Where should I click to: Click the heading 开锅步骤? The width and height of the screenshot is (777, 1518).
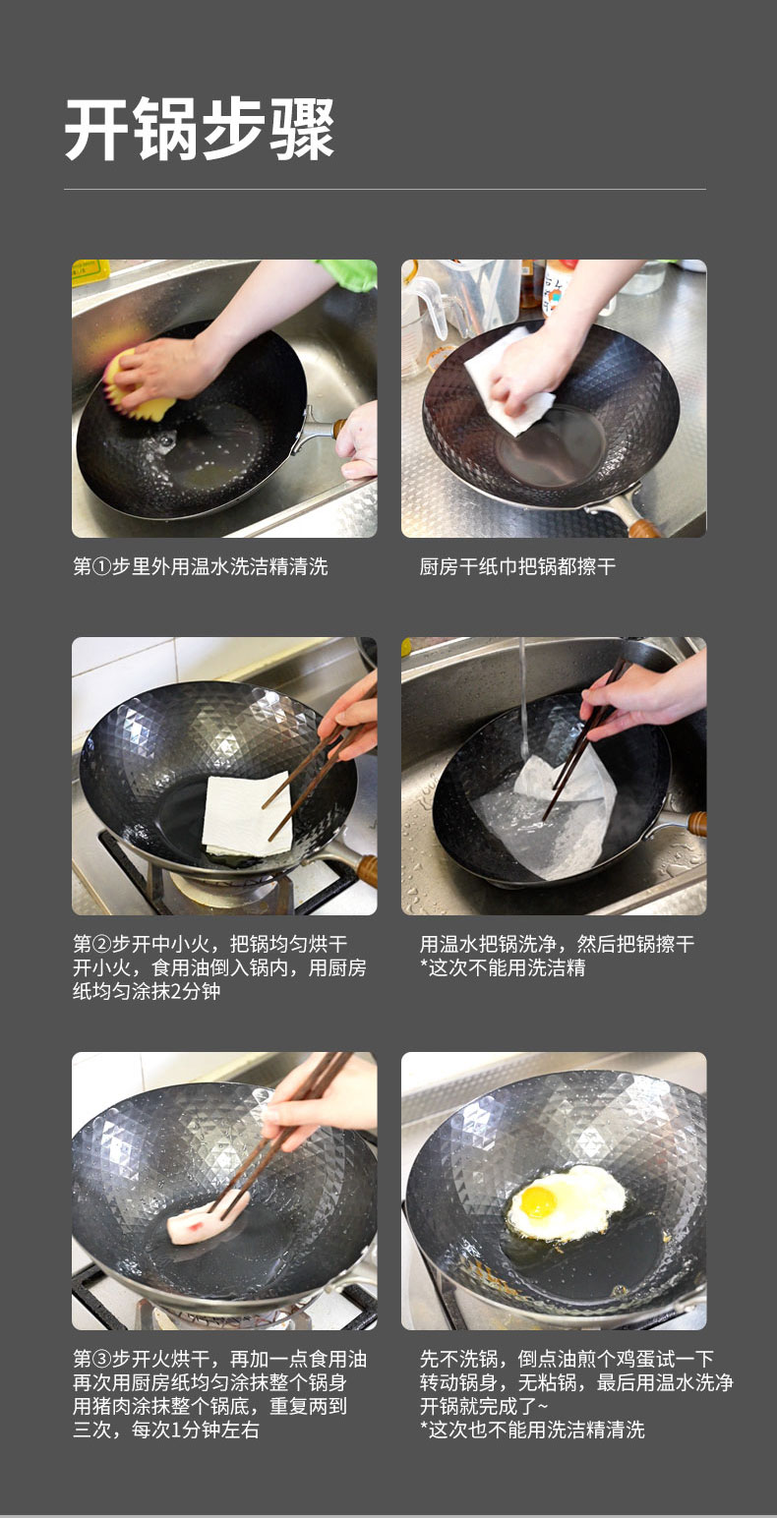(200, 129)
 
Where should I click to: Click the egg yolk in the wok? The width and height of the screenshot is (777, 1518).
(539, 1201)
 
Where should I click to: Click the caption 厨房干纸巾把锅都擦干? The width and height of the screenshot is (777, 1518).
(517, 566)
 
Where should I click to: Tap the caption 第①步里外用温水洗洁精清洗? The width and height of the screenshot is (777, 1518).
(200, 566)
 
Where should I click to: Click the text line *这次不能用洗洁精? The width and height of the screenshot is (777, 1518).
(503, 967)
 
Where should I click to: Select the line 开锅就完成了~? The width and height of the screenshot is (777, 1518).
(484, 1406)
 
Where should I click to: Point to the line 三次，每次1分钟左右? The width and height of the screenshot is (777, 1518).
(165, 1430)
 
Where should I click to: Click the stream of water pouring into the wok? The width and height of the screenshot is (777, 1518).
(522, 698)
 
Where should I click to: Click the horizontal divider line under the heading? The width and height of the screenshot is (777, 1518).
(386, 189)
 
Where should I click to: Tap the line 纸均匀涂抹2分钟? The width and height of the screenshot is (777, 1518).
(147, 991)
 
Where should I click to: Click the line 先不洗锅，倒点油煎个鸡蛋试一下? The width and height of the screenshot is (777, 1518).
(567, 1359)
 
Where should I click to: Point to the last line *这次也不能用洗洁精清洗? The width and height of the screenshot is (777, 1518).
(532, 1430)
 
